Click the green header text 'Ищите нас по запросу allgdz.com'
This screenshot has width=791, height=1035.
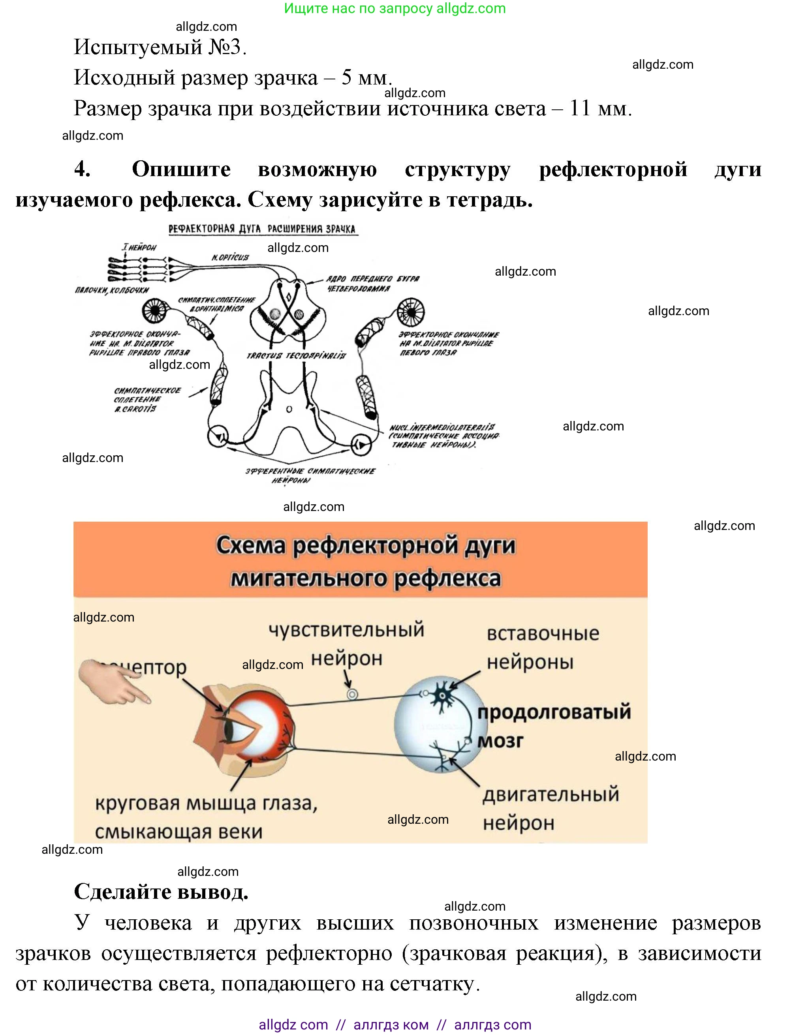(395, 8)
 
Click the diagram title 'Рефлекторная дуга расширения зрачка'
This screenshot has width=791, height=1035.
(262, 229)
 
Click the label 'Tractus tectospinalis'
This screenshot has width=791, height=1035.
(296, 355)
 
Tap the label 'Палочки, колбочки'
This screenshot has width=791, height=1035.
(112, 290)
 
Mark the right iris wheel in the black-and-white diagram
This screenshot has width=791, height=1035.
(411, 311)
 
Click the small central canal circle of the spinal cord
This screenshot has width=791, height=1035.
(289, 409)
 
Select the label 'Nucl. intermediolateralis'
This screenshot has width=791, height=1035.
(442, 427)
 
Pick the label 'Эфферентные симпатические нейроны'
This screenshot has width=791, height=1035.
(310, 475)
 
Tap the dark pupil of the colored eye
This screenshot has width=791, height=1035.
(229, 729)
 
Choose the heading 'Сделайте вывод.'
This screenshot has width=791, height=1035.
(161, 891)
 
